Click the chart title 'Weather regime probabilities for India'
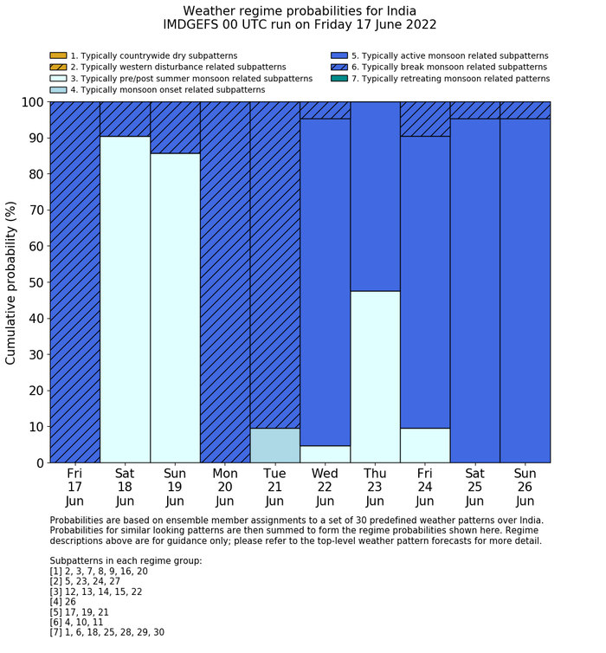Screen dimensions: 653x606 pyautogui.click(x=299, y=10)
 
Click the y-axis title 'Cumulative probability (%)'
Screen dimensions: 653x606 pyautogui.click(x=11, y=283)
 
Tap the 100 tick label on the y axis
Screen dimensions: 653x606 pyautogui.click(x=31, y=102)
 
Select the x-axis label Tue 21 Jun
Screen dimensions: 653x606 pyautogui.click(x=274, y=487)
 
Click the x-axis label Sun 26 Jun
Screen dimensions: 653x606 pyautogui.click(x=525, y=487)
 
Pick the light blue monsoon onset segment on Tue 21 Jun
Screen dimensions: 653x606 pyautogui.click(x=274, y=446)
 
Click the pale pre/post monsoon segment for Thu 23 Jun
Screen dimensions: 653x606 pyautogui.click(x=375, y=377)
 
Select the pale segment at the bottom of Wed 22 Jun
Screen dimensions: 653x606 pyautogui.click(x=325, y=455)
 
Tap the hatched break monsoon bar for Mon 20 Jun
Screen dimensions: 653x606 pyautogui.click(x=225, y=282)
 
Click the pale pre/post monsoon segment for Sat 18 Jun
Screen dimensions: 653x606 pyautogui.click(x=125, y=300)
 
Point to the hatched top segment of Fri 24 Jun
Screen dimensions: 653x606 pyautogui.click(x=425, y=119)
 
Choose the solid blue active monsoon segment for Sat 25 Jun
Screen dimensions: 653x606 pyautogui.click(x=475, y=290)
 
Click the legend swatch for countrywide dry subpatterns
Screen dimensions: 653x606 pyautogui.click(x=58, y=55)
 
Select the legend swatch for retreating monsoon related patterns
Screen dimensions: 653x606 pyautogui.click(x=339, y=78)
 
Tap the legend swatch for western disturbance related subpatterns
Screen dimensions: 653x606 pyautogui.click(x=58, y=67)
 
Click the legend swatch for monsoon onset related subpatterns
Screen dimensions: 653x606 pyautogui.click(x=58, y=89)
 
